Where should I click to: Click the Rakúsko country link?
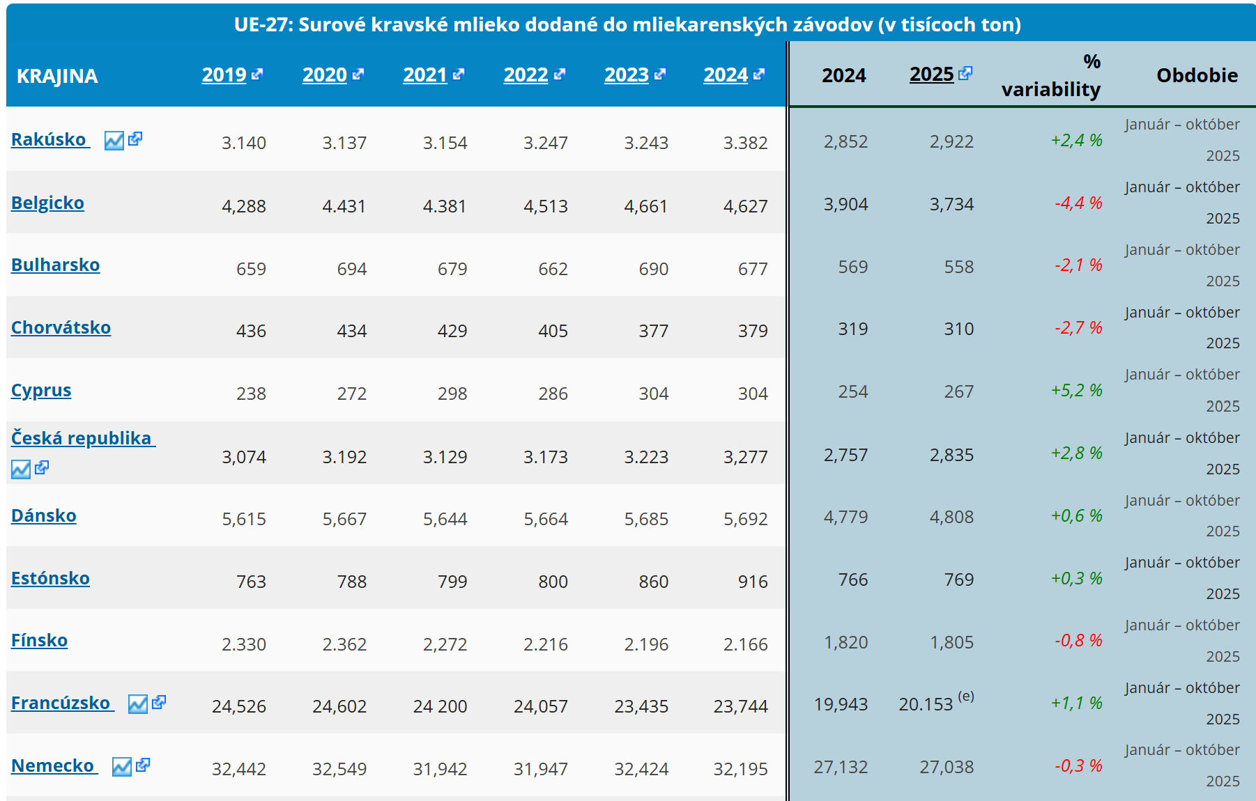coord(49,139)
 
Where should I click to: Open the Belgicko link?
coord(47,203)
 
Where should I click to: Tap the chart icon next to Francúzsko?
coord(137,704)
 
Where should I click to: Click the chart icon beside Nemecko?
coord(121,767)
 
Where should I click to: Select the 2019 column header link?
coord(224,75)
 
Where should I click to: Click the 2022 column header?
coord(526,75)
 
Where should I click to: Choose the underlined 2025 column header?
coord(931,74)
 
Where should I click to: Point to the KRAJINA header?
coord(57,76)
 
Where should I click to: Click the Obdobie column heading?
coord(1197,75)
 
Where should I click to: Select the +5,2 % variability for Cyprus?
coord(1076,390)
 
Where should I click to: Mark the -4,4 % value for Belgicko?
coord(1078,203)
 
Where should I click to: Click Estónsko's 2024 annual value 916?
coord(753,582)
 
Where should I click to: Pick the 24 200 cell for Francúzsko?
coord(440,706)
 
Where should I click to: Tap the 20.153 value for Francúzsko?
coord(926,704)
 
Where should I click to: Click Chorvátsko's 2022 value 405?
coord(553,331)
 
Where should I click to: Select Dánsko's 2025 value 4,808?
coord(951,517)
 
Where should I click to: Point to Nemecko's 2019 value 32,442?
coord(239,769)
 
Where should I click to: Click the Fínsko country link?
coord(39,640)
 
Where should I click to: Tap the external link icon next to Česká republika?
coord(42,467)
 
